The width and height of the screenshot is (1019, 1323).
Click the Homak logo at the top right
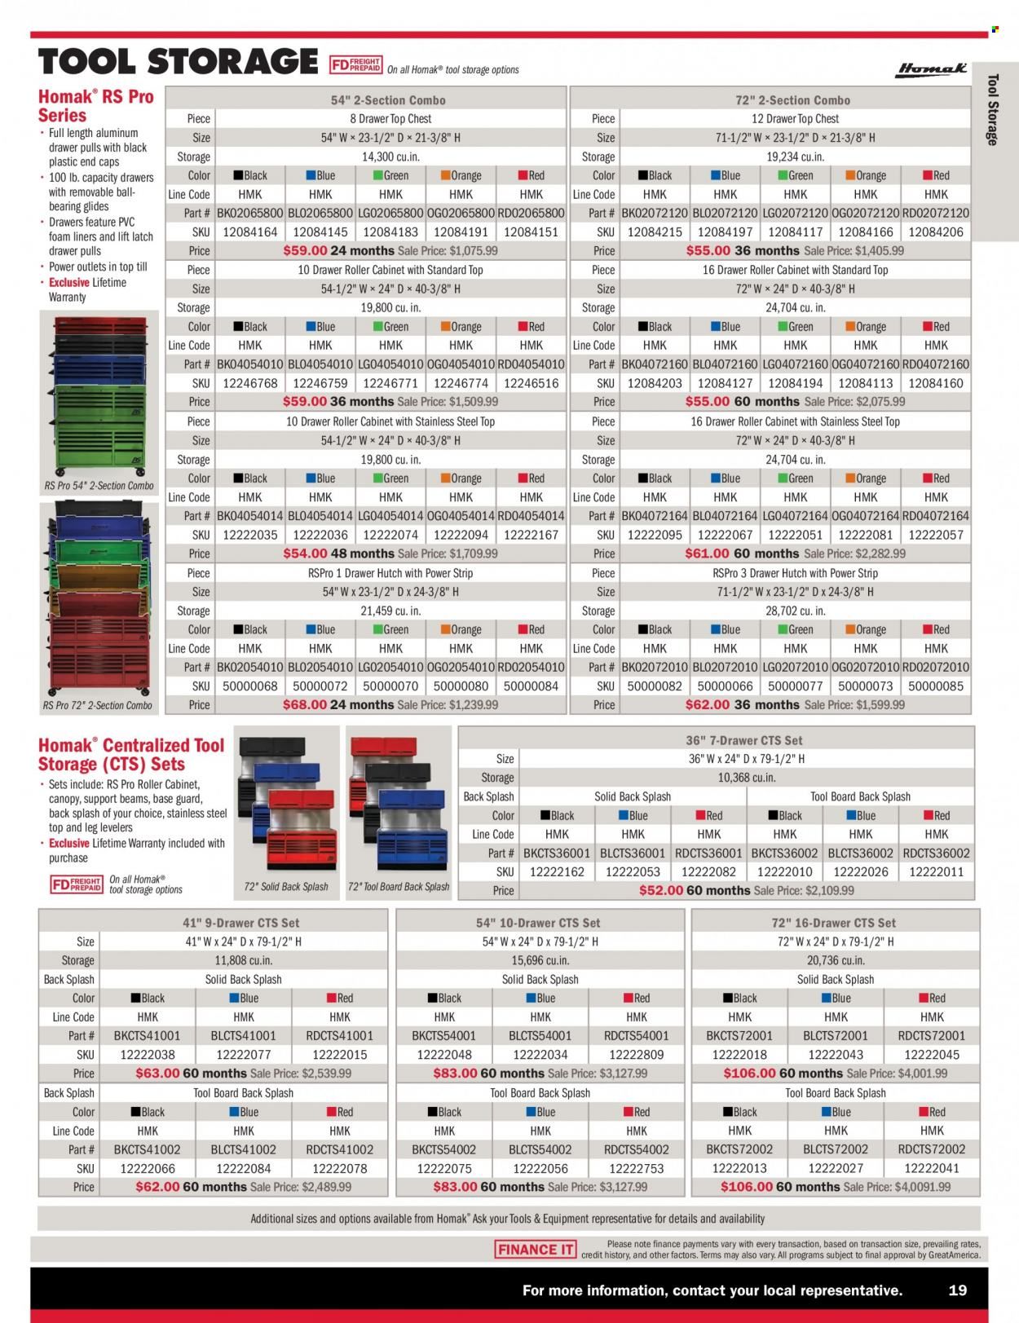tap(930, 69)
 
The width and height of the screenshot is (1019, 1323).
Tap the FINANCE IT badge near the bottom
tap(535, 1250)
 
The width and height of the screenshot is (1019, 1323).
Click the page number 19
tap(957, 1290)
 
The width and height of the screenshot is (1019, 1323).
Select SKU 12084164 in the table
tap(249, 232)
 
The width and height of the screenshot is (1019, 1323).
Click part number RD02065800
tap(531, 214)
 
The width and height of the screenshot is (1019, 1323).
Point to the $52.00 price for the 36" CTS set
tap(661, 891)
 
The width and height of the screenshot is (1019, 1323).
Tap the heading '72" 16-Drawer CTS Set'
tap(835, 923)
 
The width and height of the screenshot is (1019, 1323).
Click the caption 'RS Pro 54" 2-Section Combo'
tap(99, 486)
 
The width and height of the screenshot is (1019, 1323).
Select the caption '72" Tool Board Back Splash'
tap(399, 887)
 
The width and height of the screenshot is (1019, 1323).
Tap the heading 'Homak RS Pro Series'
tap(95, 106)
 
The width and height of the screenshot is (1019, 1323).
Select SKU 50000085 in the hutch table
tap(936, 686)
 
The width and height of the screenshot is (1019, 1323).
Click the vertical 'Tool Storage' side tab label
tap(992, 110)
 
